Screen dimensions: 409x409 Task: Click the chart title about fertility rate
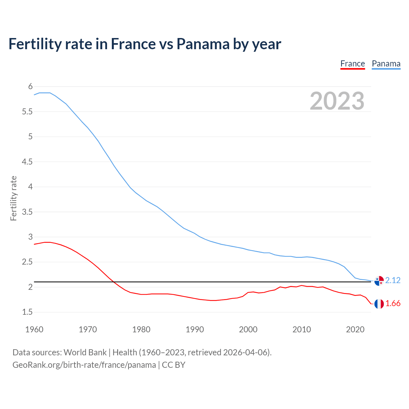145,44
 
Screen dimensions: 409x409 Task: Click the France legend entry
352,64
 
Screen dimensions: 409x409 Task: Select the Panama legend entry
386,64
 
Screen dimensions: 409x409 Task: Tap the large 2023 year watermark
337,101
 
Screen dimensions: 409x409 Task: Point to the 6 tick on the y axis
30,87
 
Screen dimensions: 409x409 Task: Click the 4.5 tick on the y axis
27,162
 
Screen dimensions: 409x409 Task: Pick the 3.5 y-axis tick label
27,212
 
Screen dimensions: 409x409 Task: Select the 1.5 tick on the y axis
27,312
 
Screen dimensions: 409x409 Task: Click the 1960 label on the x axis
34,329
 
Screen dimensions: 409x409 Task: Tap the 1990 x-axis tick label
195,329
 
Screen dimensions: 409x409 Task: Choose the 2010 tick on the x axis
302,329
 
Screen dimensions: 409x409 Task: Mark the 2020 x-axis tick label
355,329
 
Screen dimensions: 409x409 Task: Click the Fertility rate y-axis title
13,198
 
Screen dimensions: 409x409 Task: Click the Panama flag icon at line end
379,281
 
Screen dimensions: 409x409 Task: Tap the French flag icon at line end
379,304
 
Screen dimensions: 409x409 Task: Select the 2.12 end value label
393,280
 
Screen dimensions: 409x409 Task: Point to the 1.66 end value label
393,304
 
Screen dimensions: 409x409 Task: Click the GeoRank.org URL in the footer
84,365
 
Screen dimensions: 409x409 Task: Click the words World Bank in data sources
85,352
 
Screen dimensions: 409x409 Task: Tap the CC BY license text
174,365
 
